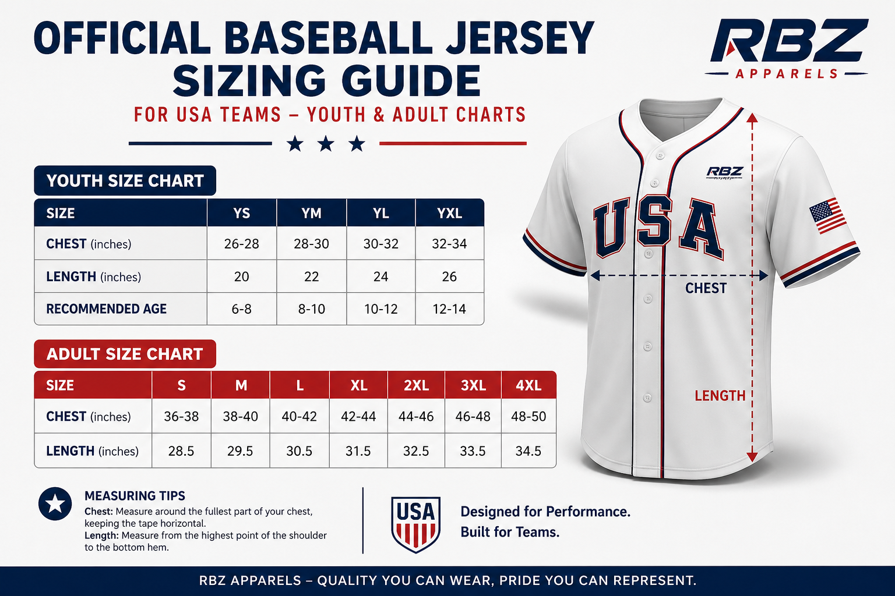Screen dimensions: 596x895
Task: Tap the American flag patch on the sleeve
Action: [827, 215]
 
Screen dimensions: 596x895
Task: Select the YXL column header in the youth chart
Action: [449, 213]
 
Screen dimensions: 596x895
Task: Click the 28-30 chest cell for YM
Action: [311, 244]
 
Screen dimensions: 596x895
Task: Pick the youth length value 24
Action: [380, 276]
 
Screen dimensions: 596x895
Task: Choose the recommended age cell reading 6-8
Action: [241, 309]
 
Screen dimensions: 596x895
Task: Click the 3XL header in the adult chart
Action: [473, 385]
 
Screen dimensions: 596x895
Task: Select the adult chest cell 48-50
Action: [528, 417]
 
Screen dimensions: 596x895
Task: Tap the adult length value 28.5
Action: [181, 451]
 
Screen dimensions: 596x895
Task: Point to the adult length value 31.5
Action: [358, 451]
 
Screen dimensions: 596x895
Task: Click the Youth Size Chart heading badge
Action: [125, 181]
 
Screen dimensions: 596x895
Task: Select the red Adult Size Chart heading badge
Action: [125, 354]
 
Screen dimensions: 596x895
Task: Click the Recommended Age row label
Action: [107, 309]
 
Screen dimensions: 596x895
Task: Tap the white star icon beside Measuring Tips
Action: [55, 503]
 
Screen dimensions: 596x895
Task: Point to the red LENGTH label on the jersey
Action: [720, 396]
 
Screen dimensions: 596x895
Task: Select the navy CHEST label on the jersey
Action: [706, 288]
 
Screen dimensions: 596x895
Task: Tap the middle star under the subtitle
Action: [326, 143]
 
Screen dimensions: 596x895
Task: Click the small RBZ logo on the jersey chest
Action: [724, 172]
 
